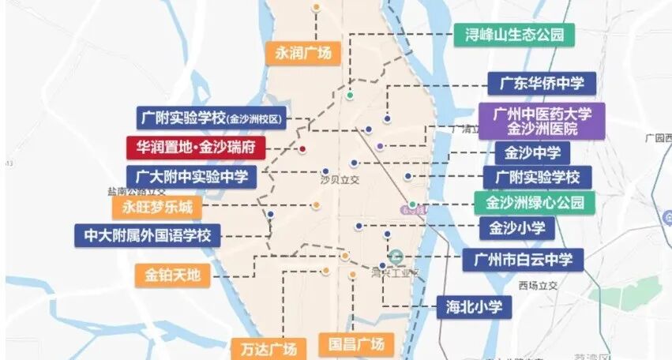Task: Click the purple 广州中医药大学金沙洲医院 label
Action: coord(541,121)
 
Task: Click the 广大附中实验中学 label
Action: coord(192,177)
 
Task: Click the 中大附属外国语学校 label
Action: coord(148,235)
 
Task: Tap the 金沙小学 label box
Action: coord(517,229)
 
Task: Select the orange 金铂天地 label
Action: coord(173,276)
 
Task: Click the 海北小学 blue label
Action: coord(474,306)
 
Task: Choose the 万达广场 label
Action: coord(268,348)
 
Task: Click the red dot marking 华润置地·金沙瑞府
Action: coord(302,148)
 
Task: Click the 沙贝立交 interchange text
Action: coord(340,180)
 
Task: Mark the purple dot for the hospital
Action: coord(381,146)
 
